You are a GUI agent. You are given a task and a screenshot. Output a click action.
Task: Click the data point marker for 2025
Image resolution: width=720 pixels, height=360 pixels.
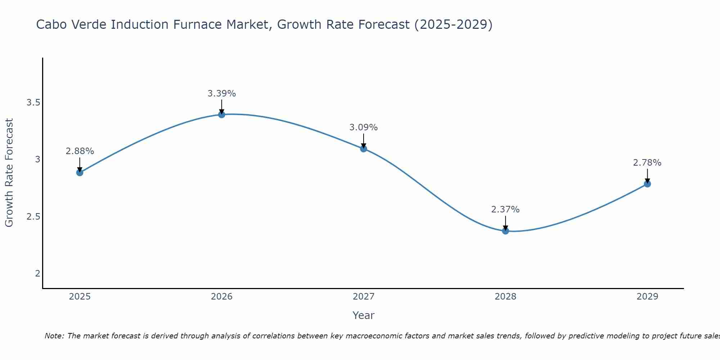click(x=80, y=172)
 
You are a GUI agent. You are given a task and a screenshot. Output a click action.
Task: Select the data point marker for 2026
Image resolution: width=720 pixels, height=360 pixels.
click(x=222, y=114)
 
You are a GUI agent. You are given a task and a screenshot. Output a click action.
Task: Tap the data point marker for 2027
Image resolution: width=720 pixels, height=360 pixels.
click(x=364, y=148)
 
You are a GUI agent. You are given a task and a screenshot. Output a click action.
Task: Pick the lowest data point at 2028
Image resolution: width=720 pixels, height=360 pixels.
click(x=505, y=231)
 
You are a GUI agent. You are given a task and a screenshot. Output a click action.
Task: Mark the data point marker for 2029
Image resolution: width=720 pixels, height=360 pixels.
click(x=647, y=184)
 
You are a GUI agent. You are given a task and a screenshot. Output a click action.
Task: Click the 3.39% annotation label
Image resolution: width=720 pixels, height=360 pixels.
click(x=222, y=94)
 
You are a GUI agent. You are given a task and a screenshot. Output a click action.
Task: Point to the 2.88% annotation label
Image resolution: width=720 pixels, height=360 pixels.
click(x=80, y=151)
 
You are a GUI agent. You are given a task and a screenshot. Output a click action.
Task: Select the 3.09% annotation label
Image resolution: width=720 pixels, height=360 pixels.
click(x=364, y=127)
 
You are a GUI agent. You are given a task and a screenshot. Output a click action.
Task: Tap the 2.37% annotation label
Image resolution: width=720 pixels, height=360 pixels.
click(x=505, y=210)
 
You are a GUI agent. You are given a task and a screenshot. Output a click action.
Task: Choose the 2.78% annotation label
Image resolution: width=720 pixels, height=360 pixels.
click(x=647, y=163)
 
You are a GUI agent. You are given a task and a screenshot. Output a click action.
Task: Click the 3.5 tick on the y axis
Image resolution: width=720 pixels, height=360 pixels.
click(x=33, y=103)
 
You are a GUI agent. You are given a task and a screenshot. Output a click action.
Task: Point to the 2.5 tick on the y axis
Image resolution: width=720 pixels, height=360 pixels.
click(x=33, y=217)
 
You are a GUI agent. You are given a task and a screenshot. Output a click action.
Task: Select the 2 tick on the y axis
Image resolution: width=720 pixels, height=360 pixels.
click(x=37, y=274)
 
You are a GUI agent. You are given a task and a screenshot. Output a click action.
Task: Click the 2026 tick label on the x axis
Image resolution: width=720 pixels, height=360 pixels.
click(x=222, y=297)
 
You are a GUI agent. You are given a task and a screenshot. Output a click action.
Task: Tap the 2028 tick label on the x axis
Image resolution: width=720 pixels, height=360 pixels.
click(x=505, y=297)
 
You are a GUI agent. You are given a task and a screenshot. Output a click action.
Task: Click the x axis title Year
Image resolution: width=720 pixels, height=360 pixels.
click(x=364, y=315)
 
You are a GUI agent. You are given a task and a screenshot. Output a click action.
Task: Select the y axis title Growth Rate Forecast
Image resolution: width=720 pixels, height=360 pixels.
click(x=9, y=173)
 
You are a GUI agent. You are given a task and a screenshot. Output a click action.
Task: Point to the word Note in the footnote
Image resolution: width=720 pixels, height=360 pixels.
click(x=54, y=336)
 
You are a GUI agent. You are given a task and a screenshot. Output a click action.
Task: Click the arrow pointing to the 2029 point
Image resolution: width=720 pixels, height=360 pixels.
click(x=647, y=176)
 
